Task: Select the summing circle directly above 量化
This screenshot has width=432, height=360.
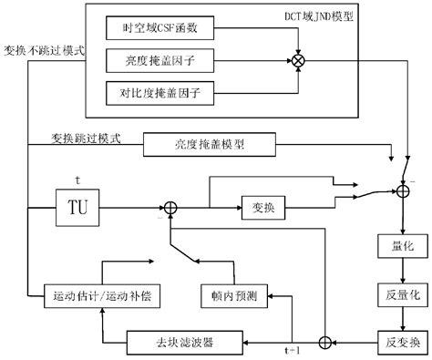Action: (x=399, y=190)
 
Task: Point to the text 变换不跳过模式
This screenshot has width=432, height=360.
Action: (x=44, y=50)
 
